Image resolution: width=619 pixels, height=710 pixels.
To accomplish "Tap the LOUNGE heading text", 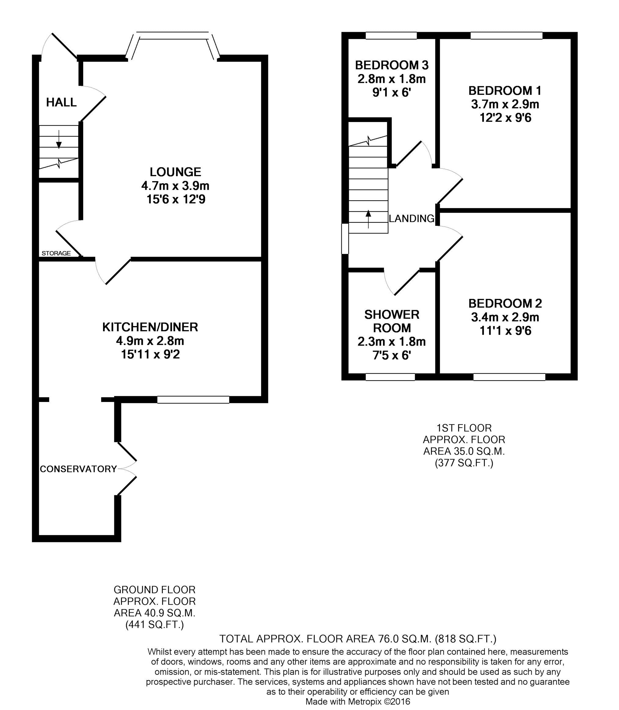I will tap(175, 172).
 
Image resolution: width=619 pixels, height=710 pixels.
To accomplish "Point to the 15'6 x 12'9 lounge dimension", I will tap(175, 199).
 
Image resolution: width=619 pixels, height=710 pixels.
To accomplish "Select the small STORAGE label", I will tap(56, 253).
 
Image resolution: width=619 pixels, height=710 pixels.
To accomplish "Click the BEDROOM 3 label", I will tap(391, 65).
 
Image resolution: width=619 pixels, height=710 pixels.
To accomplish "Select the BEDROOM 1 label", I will tap(505, 91).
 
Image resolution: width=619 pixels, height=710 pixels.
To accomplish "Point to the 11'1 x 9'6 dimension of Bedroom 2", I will tap(505, 331).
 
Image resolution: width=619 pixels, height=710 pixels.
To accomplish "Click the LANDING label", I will tap(411, 218).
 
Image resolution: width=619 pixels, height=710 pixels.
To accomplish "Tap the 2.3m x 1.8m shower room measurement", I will tap(391, 341).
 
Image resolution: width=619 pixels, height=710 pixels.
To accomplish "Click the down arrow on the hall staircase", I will tap(59, 140).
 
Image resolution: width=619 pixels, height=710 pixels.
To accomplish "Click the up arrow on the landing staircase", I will tap(368, 218).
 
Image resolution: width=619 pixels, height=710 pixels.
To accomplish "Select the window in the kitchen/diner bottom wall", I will tap(193, 400).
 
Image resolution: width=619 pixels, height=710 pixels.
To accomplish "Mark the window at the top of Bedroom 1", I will tap(507, 35).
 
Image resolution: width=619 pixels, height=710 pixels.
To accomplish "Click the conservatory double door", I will tap(127, 469).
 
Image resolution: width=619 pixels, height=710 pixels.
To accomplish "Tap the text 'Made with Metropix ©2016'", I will tap(358, 701).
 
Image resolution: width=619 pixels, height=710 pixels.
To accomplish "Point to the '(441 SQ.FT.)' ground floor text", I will tap(154, 625).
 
